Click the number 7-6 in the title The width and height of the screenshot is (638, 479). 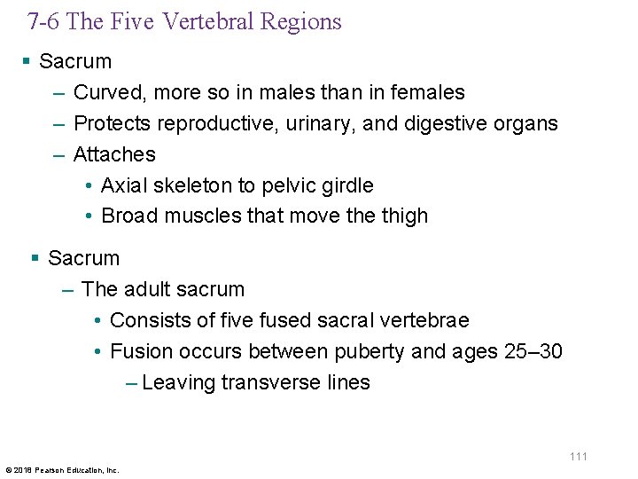pos(44,21)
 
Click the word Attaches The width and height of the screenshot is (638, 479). pos(114,154)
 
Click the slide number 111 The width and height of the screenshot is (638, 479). pos(578,456)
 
